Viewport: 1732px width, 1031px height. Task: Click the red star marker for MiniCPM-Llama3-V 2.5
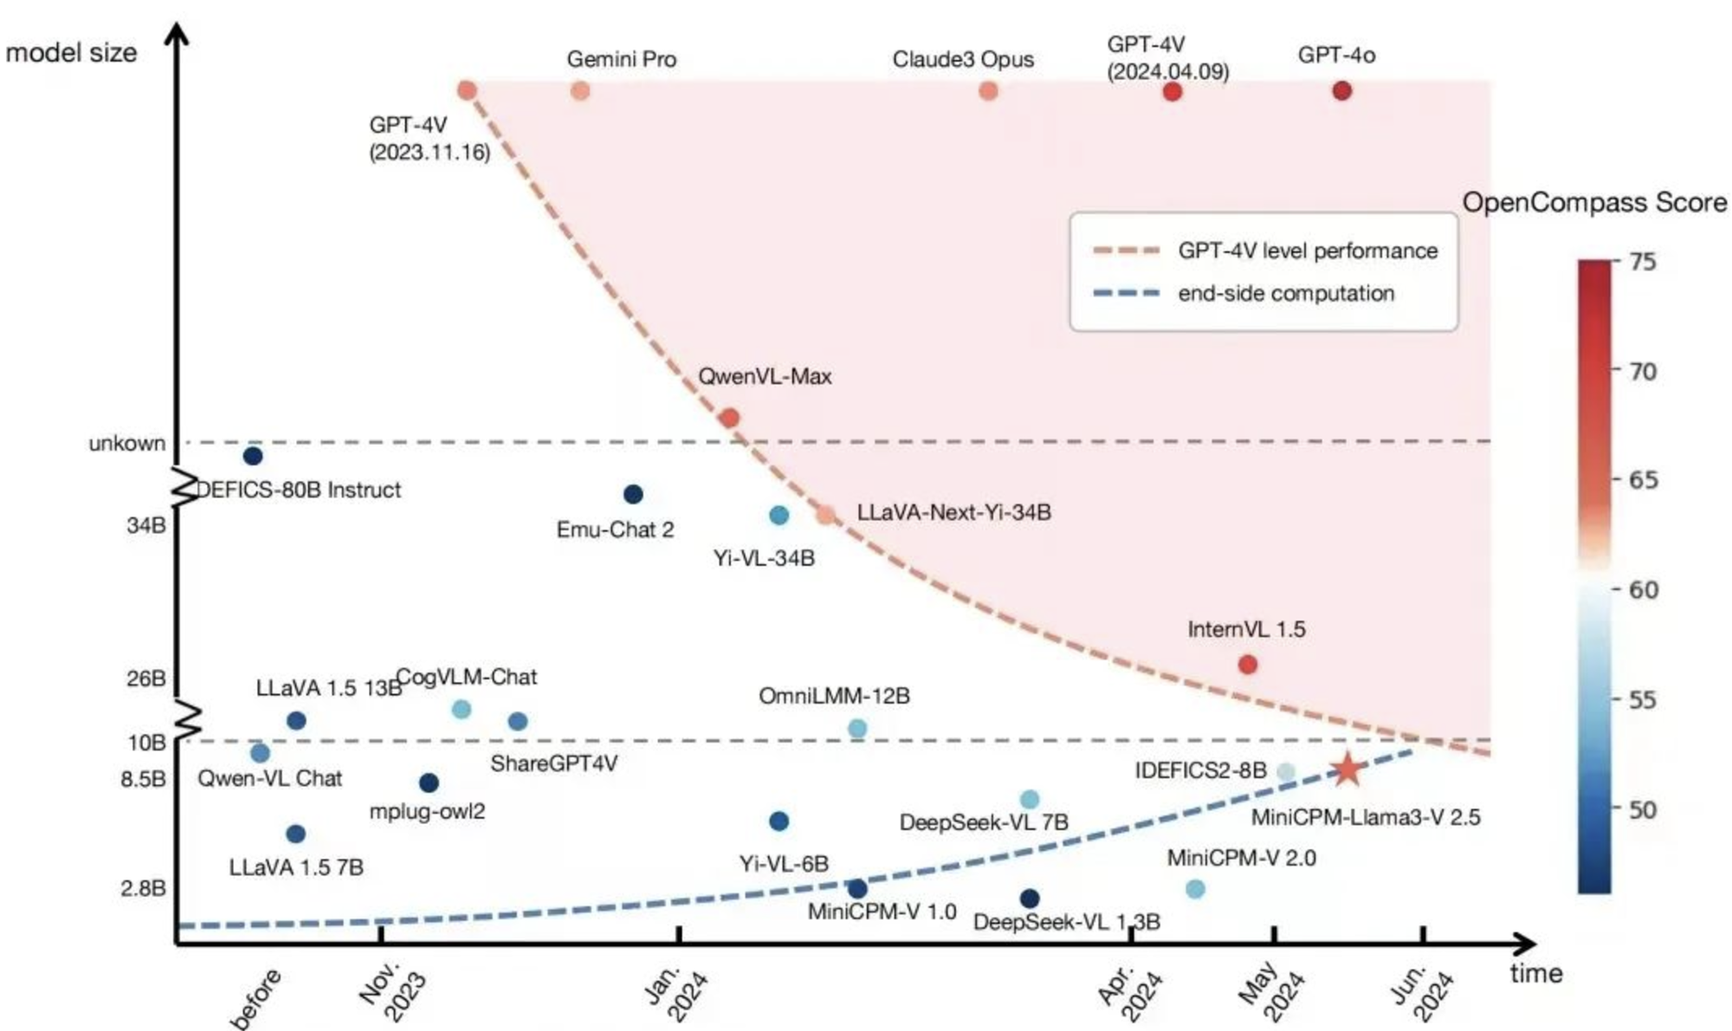pyautogui.click(x=1347, y=769)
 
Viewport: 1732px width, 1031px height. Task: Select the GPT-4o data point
pyautogui.click(x=1341, y=90)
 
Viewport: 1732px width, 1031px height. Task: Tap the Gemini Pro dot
pyautogui.click(x=580, y=90)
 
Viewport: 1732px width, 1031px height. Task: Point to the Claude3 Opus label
pyautogui.click(x=963, y=60)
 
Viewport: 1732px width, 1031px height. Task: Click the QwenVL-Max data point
pyautogui.click(x=729, y=418)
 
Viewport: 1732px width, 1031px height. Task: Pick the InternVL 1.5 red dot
pyautogui.click(x=1247, y=665)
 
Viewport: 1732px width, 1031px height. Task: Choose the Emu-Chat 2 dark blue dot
pyautogui.click(x=633, y=494)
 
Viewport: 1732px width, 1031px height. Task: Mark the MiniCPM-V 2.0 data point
pyautogui.click(x=1195, y=888)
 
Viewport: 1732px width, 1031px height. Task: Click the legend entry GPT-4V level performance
pyautogui.click(x=1307, y=251)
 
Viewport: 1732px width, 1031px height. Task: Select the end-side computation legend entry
pyautogui.click(x=1285, y=294)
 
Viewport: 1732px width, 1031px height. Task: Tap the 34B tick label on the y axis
pyautogui.click(x=145, y=526)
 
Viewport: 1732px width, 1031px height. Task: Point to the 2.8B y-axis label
pyautogui.click(x=143, y=889)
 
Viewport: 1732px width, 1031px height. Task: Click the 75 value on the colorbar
pyautogui.click(x=1643, y=262)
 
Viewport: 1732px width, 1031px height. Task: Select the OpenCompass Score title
pyautogui.click(x=1594, y=203)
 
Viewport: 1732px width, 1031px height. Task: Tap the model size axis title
pyautogui.click(x=71, y=53)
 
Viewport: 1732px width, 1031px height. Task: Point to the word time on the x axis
pyautogui.click(x=1535, y=973)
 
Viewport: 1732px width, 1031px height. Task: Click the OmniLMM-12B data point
pyautogui.click(x=857, y=728)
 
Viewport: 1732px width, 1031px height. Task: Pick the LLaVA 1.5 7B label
pyautogui.click(x=296, y=867)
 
